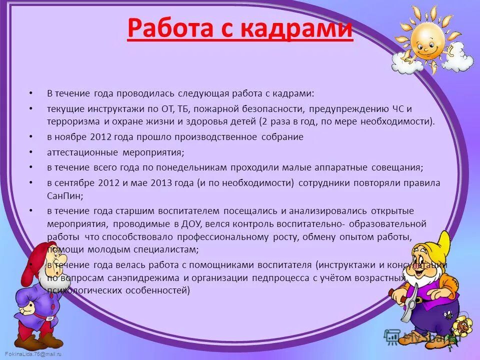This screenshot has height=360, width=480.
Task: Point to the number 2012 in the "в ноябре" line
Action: [102, 137]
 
